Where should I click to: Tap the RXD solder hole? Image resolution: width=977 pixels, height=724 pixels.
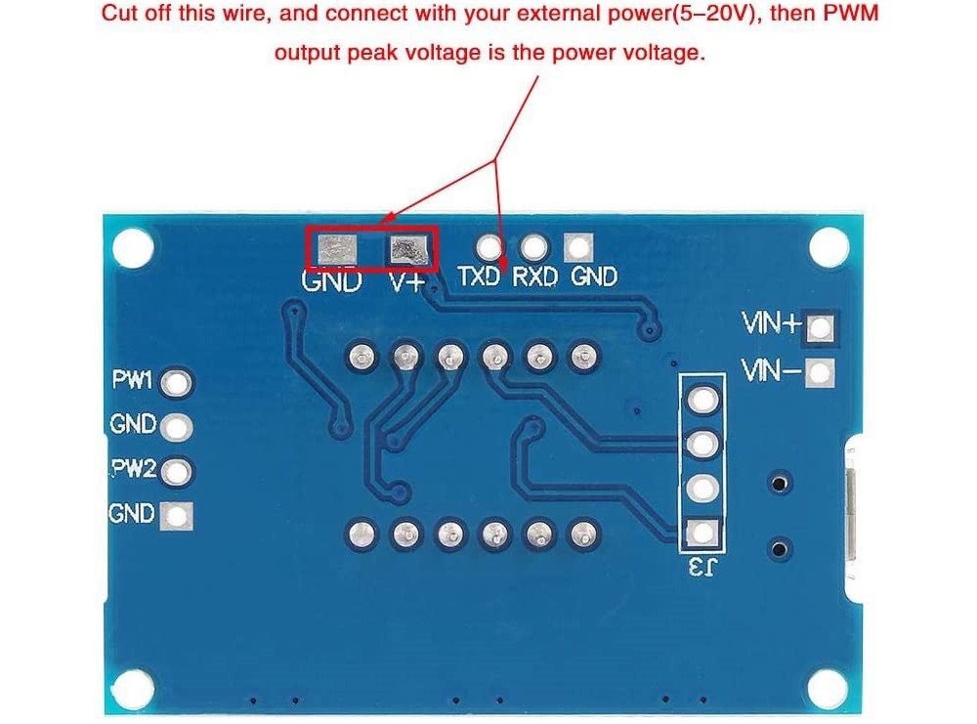click(x=533, y=246)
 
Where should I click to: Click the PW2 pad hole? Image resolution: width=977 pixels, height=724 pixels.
click(x=177, y=472)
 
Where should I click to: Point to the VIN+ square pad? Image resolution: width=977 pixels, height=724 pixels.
click(x=822, y=327)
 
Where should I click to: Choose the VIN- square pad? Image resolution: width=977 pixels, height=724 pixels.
click(x=822, y=372)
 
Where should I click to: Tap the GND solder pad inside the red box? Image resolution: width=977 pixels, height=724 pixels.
click(x=335, y=251)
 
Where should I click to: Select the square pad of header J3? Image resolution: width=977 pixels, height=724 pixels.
click(x=701, y=532)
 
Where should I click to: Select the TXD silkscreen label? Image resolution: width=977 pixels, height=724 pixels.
click(x=481, y=277)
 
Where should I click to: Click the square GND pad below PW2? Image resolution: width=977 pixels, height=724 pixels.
click(x=179, y=515)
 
